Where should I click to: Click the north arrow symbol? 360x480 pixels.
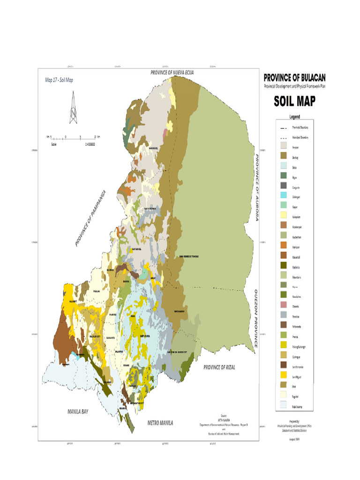pyautogui.click(x=73, y=108)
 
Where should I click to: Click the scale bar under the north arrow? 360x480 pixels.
pyautogui.click(x=73, y=139)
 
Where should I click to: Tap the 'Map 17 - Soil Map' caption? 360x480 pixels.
pyautogui.click(x=59, y=80)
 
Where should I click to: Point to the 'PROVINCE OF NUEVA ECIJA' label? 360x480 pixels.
pyautogui.click(x=172, y=73)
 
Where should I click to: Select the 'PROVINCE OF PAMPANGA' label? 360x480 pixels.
pyautogui.click(x=91, y=218)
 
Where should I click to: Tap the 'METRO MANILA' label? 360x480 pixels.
pyautogui.click(x=160, y=423)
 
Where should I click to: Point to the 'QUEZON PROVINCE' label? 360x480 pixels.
pyautogui.click(x=256, y=318)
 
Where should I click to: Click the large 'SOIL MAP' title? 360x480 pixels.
pyautogui.click(x=294, y=101)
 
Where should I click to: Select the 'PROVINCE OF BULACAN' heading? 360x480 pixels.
pyautogui.click(x=294, y=77)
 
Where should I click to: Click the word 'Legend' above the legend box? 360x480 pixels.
pyautogui.click(x=294, y=117)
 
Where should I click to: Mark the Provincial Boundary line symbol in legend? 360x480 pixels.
pyautogui.click(x=283, y=128)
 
